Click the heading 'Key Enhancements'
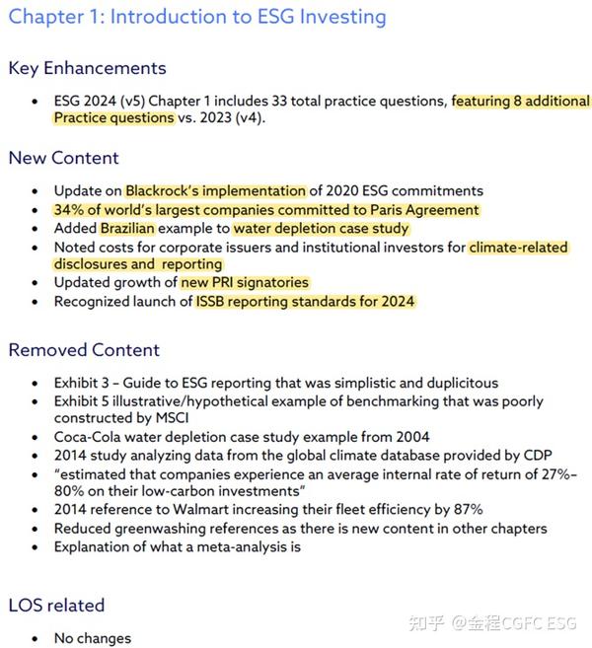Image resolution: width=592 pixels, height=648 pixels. (87, 68)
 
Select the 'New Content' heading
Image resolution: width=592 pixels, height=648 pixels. (63, 158)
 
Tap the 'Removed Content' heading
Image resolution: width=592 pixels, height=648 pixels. (84, 350)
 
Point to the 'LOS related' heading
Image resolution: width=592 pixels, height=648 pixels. (56, 605)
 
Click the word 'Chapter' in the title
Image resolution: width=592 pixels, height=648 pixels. (45, 17)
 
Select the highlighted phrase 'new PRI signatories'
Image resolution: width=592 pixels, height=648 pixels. (244, 283)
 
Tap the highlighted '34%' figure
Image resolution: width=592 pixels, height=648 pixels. (70, 210)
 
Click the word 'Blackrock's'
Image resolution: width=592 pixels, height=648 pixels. (161, 190)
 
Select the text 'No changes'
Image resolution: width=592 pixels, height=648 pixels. (92, 638)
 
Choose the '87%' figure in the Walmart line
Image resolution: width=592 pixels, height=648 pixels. (464, 510)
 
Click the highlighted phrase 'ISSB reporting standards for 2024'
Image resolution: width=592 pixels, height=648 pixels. (305, 302)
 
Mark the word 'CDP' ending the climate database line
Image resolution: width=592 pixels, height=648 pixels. (534, 456)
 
